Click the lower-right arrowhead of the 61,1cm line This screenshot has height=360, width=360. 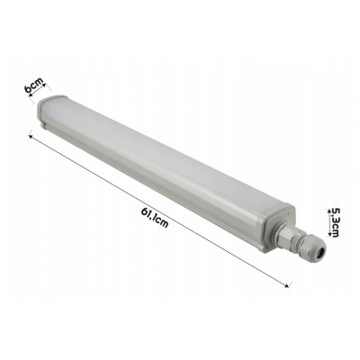pos(290,286)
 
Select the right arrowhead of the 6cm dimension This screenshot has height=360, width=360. pos(45,78)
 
